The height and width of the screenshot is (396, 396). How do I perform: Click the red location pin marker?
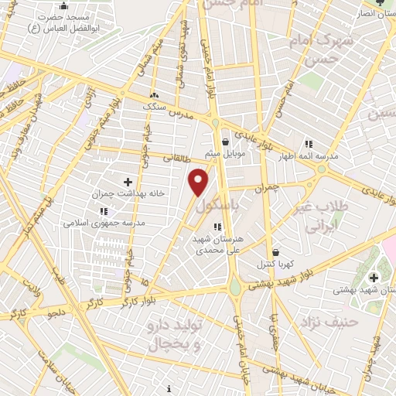[199, 182]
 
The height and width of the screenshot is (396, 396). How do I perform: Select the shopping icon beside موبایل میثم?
[225, 142]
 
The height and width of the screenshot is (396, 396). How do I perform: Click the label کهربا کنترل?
[275, 265]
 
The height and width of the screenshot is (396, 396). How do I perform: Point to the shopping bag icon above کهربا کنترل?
[275, 252]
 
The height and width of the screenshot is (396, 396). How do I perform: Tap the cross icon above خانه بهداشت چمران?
[128, 181]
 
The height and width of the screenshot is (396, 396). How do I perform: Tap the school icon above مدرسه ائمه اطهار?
[309, 144]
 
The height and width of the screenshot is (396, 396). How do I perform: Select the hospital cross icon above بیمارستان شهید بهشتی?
[374, 277]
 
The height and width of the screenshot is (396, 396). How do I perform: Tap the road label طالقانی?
[176, 157]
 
